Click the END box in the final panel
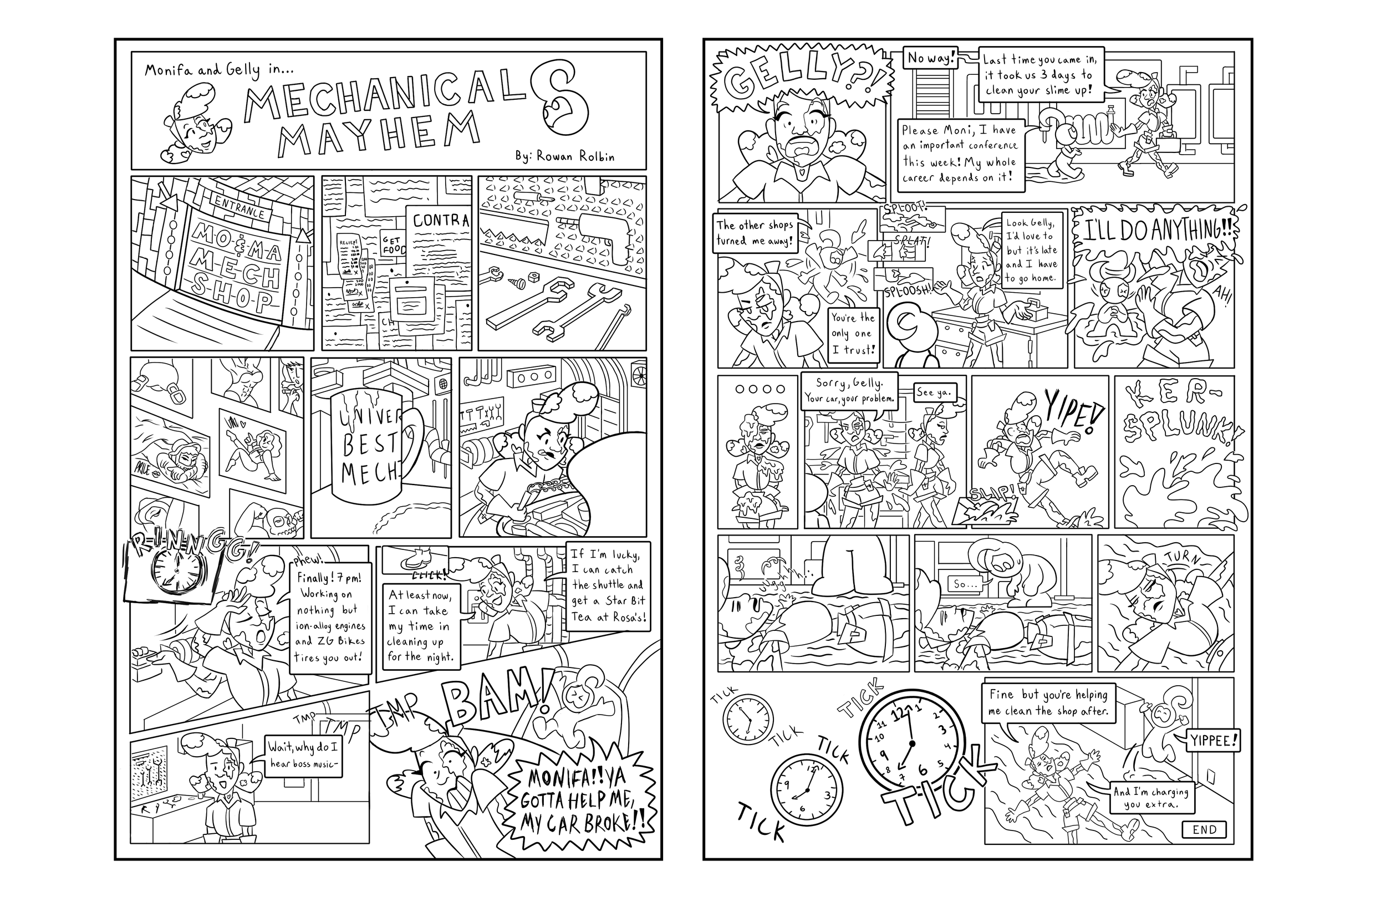coord(1204,829)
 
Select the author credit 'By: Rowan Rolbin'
coord(564,156)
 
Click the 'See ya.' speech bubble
coord(933,393)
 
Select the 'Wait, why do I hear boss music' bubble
coord(304,755)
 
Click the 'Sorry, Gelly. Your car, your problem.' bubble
coord(849,391)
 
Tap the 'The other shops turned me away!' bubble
coord(755,233)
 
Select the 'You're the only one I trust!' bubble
coord(853,334)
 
